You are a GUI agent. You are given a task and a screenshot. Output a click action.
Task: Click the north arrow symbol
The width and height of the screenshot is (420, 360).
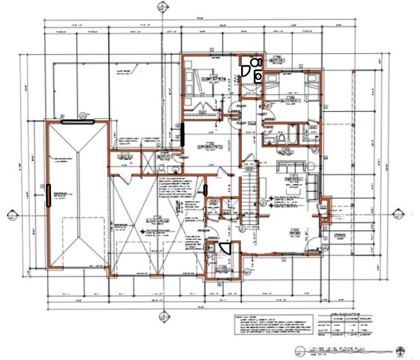pyautogui.click(x=400, y=350)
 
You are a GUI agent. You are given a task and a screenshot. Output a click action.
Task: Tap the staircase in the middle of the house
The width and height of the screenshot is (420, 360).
pyautogui.click(x=247, y=194)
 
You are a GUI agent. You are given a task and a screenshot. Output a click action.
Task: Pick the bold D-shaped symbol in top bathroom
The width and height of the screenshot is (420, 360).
pyautogui.click(x=246, y=71)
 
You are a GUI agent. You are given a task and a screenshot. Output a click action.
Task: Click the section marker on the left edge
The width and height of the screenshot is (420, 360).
pyautogui.click(x=11, y=216)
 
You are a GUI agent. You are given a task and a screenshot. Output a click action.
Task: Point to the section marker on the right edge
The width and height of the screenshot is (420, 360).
pyautogui.click(x=399, y=213)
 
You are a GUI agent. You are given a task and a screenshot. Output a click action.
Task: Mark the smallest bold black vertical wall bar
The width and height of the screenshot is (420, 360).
pyautogui.click(x=205, y=190)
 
